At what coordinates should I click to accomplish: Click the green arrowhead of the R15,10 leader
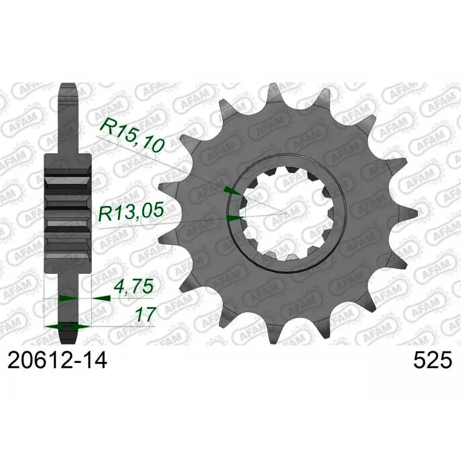point(231,190)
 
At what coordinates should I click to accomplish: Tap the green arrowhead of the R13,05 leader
point(233,218)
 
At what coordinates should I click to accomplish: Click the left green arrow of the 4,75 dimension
point(66,298)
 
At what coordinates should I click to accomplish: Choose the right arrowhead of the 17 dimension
point(81,326)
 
